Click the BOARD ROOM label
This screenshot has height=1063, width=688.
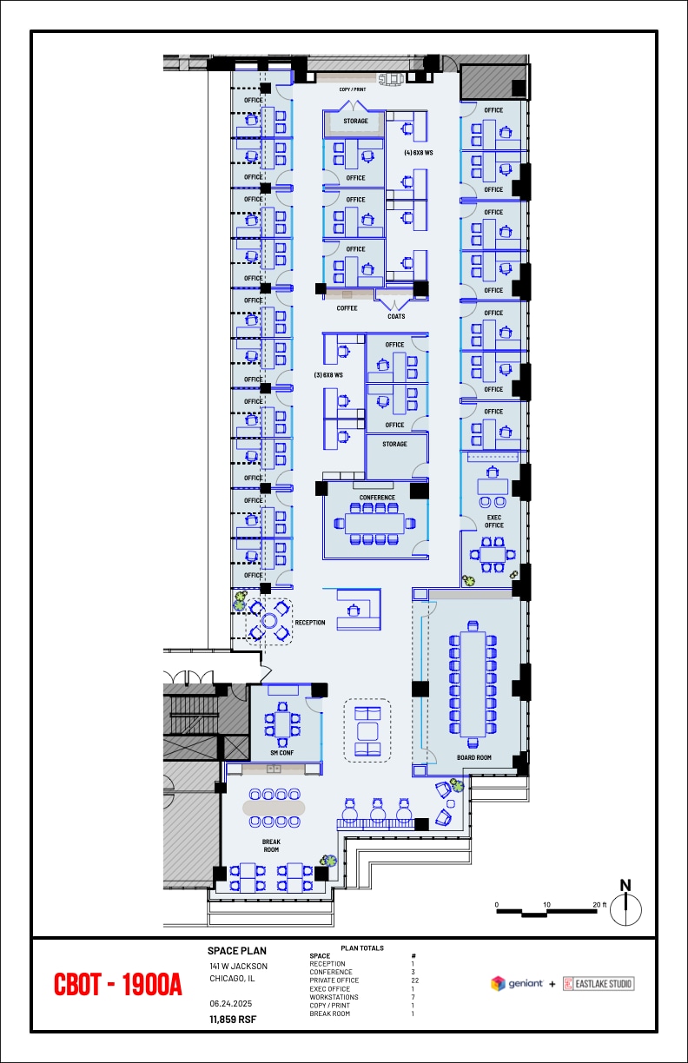coord(474,757)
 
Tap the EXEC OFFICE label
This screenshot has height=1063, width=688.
coord(494,520)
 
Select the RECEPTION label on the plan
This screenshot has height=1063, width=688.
coord(310,623)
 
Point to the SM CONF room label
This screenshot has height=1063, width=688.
coord(281,753)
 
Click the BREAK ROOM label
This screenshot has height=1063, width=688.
coord(271,845)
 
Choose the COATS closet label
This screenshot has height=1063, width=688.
coord(396,316)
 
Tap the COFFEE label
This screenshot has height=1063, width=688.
coord(347,308)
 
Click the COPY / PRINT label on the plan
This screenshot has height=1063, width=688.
coord(353,89)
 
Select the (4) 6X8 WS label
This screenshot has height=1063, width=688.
coord(418,153)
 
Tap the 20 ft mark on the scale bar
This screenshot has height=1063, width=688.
coord(599,904)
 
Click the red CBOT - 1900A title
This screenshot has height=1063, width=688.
coord(118,985)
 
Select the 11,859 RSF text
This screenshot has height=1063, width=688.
coord(232,1019)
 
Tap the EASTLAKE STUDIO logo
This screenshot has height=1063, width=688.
coord(599,984)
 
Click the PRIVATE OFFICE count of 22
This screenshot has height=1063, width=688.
coord(413,980)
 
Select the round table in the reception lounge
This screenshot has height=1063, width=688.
coord(269,621)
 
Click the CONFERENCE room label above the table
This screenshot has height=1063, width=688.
coord(377,498)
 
